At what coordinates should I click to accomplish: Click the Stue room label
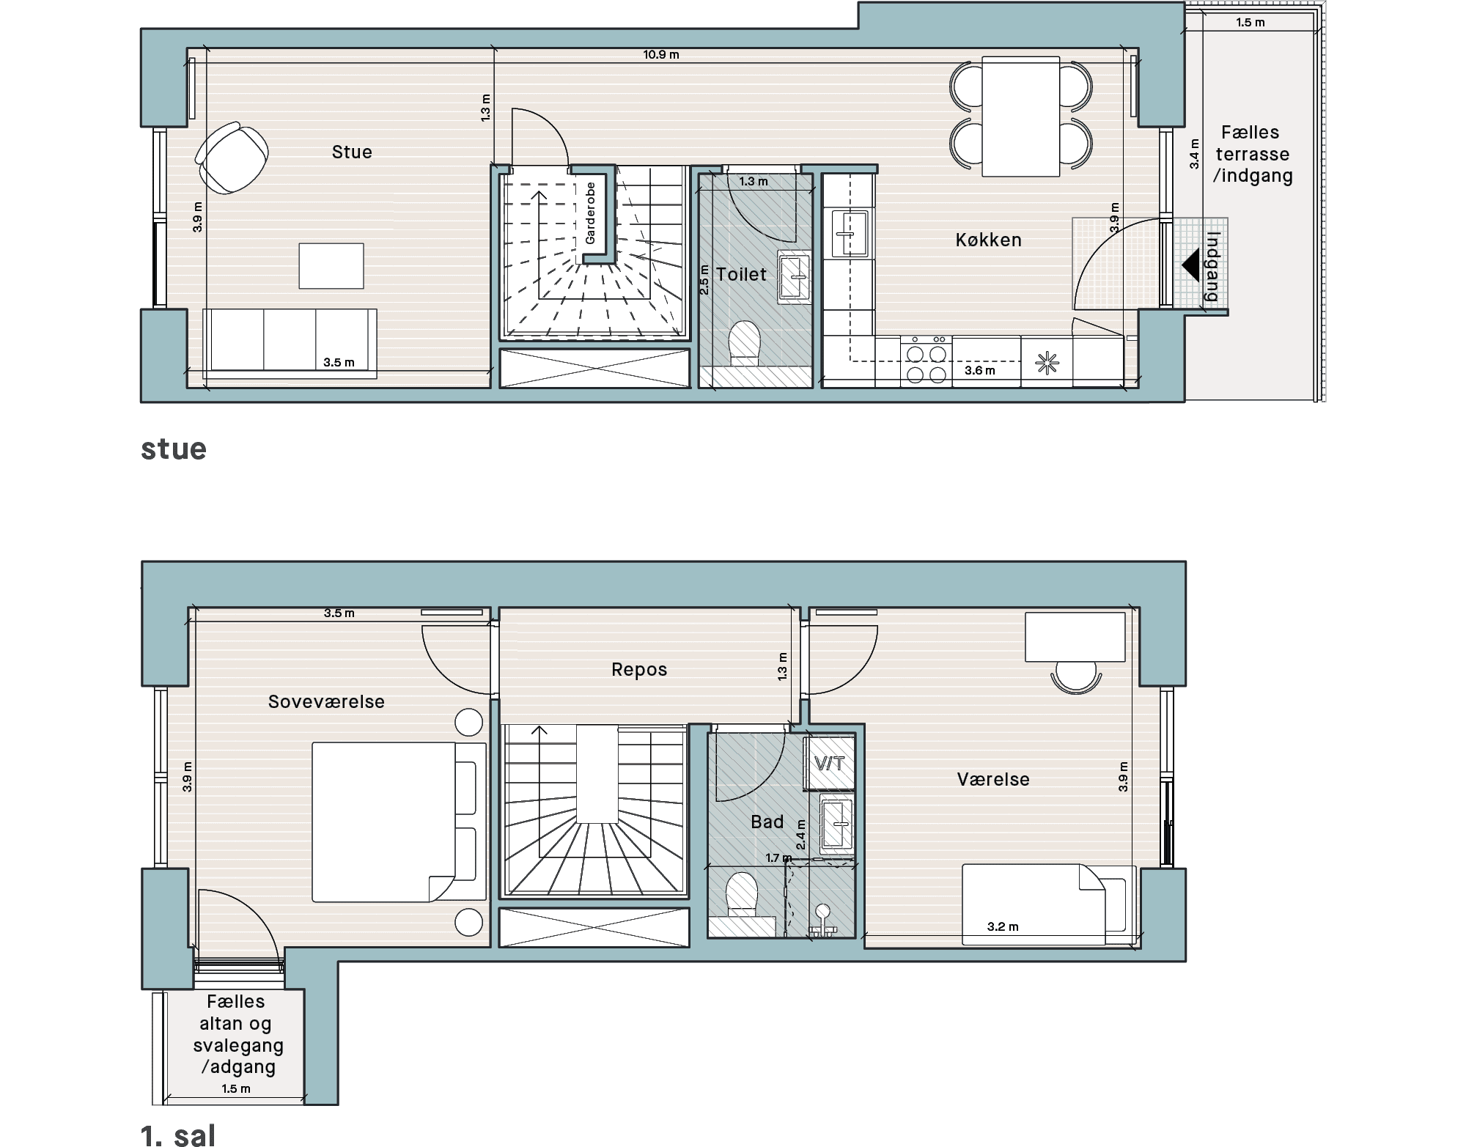[x=352, y=152]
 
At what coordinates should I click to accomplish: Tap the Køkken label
[x=988, y=240]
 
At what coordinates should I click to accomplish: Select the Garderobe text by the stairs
[x=590, y=213]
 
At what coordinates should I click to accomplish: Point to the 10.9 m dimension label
[x=661, y=54]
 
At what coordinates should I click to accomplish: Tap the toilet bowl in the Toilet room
[x=745, y=344]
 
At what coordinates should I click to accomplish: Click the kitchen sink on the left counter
[x=850, y=233]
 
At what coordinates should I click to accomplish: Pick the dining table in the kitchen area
[x=1020, y=116]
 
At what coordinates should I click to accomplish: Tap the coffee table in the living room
[x=331, y=265]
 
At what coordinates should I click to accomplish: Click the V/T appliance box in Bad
[x=830, y=763]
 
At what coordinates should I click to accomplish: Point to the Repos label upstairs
[x=639, y=669]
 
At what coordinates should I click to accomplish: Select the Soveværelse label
[x=326, y=701]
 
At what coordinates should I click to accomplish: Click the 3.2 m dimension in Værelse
[x=1003, y=926]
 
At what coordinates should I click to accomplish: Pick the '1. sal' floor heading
[x=178, y=1135]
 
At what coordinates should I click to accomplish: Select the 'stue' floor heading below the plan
[x=174, y=449]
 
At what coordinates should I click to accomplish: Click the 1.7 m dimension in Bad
[x=778, y=858]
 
